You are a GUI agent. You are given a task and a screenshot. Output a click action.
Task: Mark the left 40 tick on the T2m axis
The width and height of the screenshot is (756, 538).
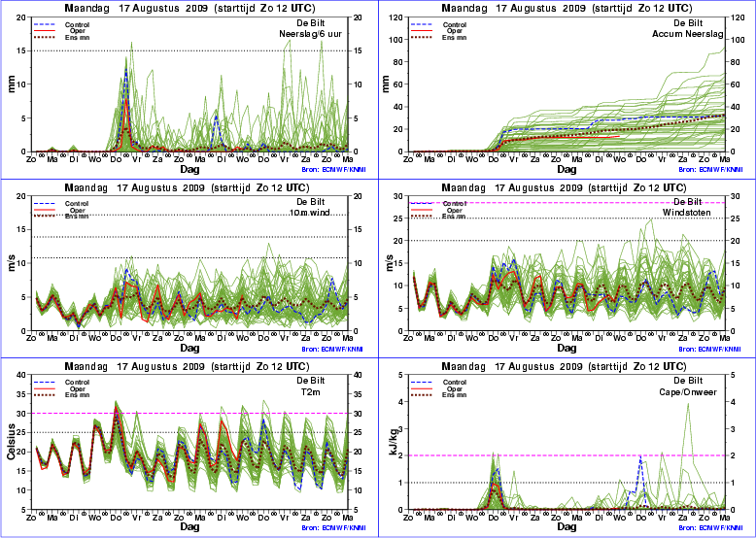coord(21,376)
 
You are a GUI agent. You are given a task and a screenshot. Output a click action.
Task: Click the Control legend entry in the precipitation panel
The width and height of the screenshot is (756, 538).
coord(77,22)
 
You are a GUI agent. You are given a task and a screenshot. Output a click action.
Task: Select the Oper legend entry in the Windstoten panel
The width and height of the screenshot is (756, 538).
coord(453,209)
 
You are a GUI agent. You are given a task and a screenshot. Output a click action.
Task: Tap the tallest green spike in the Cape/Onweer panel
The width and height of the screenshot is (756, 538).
coord(688,403)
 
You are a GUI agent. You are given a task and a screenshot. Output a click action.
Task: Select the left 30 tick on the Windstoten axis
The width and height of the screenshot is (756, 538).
coord(396,196)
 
